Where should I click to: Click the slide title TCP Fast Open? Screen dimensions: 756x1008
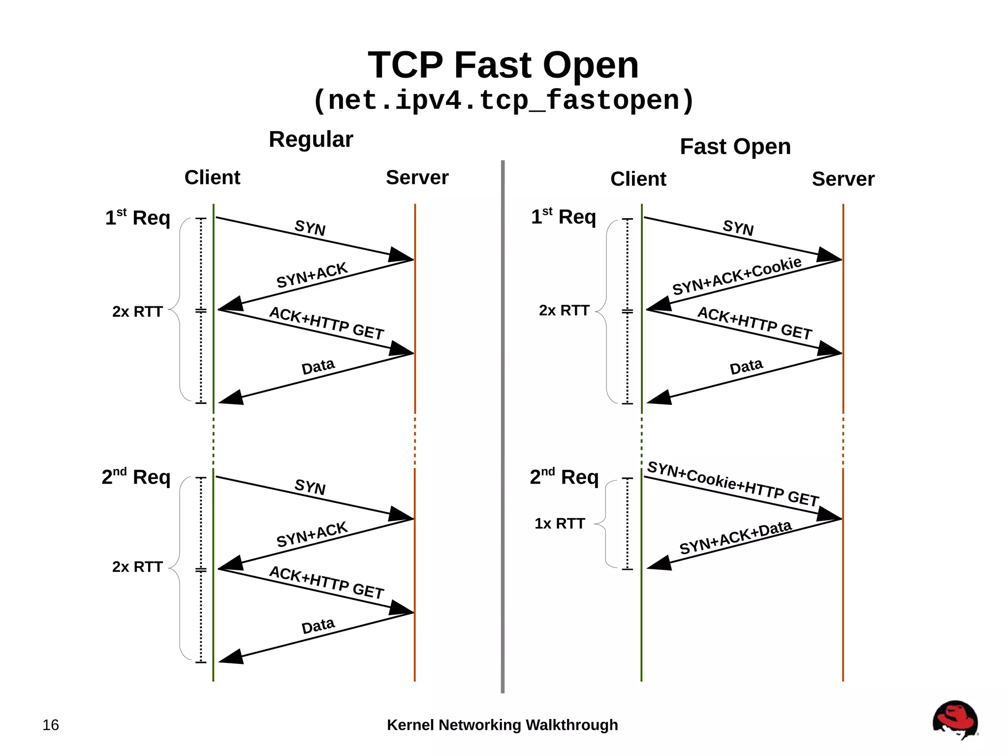[x=503, y=65]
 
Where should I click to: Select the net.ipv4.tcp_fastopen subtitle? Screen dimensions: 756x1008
[x=503, y=100]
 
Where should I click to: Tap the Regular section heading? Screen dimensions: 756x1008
[x=311, y=139]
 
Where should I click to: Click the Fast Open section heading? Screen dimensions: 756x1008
[x=735, y=147]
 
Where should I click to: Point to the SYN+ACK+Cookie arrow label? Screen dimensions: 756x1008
[x=736, y=276]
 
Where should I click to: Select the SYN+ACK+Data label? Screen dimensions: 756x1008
[x=735, y=537]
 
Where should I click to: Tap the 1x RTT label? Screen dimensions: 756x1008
[x=560, y=524]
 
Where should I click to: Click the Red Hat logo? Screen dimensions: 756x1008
[x=955, y=720]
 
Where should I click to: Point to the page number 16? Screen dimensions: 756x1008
[x=51, y=725]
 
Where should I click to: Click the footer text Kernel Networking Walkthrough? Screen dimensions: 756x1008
[x=502, y=725]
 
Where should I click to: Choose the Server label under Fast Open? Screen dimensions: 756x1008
[x=843, y=179]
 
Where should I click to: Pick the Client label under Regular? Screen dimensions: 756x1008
[x=212, y=178]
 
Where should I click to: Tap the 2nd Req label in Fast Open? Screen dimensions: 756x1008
[x=564, y=477]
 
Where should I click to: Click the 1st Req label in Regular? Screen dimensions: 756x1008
[x=137, y=218]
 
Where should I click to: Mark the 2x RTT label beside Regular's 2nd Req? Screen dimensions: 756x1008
[x=137, y=567]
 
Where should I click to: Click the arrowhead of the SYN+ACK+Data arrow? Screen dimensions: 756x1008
[x=659, y=563]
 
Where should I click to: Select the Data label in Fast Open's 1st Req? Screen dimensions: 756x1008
[x=746, y=366]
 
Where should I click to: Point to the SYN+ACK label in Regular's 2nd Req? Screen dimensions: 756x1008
[x=312, y=535]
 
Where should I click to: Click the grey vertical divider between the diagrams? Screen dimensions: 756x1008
[x=503, y=424]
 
